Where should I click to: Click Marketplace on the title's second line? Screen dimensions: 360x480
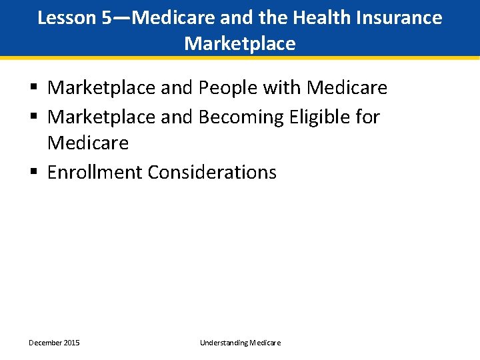(240, 44)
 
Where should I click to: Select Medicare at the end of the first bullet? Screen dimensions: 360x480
(347, 88)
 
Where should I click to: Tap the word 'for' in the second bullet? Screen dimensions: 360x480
(367, 117)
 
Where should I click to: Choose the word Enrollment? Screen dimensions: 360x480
(95, 173)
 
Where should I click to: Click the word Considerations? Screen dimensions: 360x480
(212, 173)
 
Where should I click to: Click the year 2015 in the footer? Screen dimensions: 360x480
(71, 343)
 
